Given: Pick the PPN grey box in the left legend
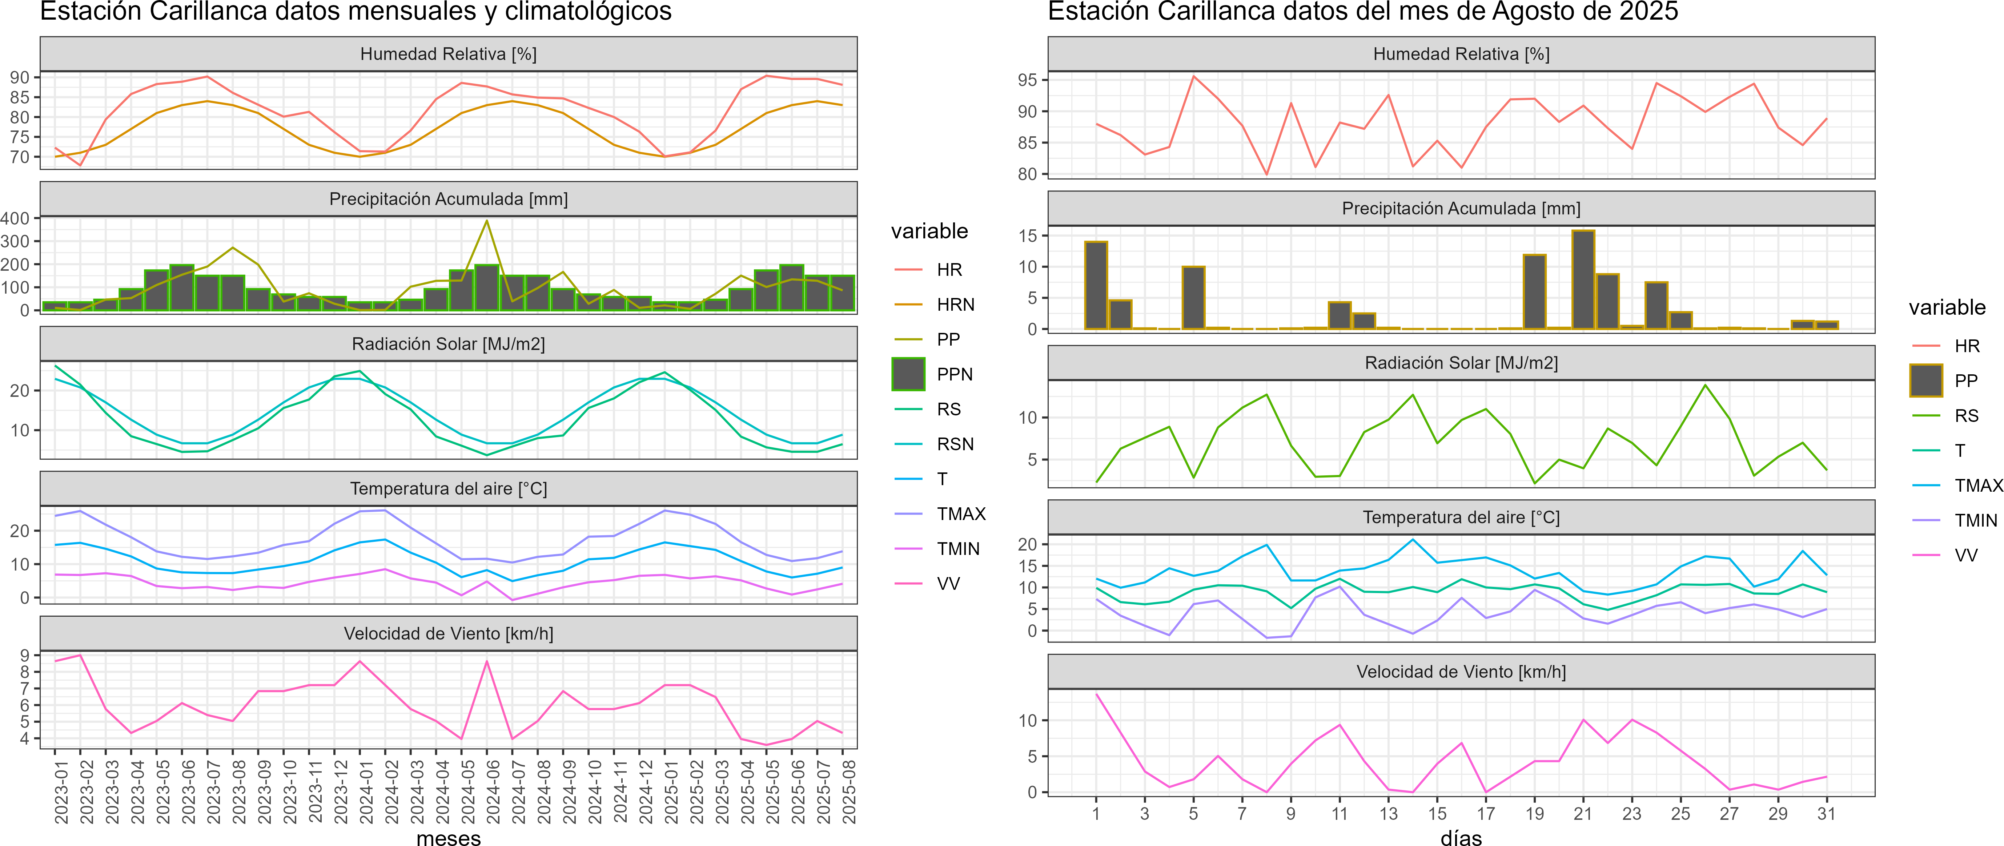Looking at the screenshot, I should (x=908, y=374).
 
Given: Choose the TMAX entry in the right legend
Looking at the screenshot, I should (x=1978, y=486).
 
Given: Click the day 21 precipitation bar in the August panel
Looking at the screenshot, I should (x=1583, y=280).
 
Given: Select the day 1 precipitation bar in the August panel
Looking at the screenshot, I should (x=1096, y=285).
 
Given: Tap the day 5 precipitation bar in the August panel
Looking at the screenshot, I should (x=1193, y=298).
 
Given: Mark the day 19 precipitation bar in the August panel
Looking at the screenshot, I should (x=1534, y=291).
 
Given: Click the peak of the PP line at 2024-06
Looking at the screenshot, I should (x=487, y=221).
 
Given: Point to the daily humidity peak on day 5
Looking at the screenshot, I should (x=1193, y=76).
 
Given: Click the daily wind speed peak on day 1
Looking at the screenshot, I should (x=1096, y=694).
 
